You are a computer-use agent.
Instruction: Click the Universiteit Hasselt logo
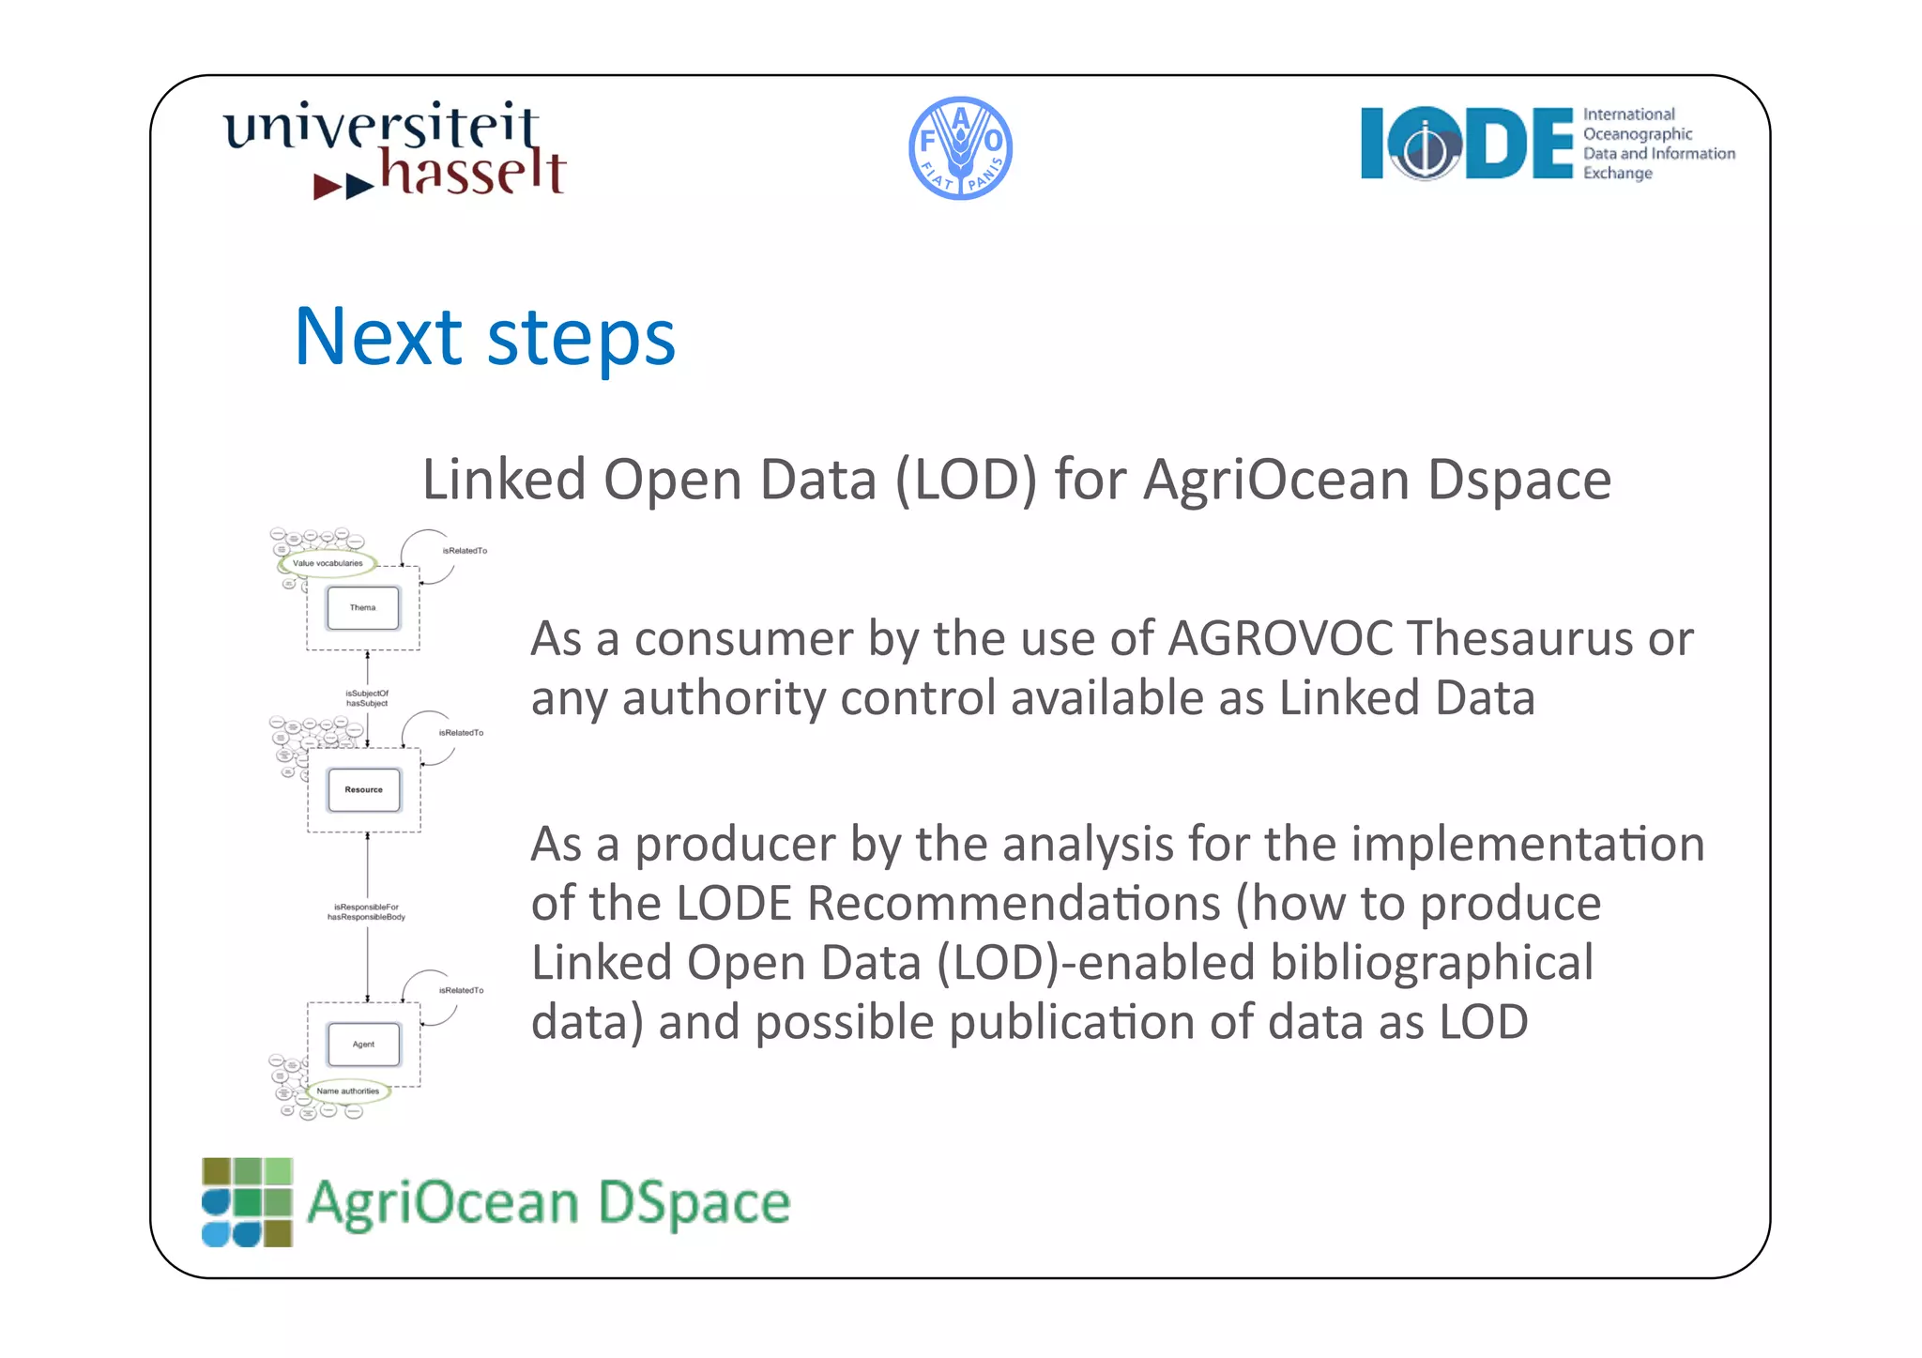click(x=394, y=150)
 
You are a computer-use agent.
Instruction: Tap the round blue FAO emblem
click(x=960, y=148)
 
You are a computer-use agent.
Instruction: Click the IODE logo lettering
click(x=1467, y=143)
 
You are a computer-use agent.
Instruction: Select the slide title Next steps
click(x=484, y=337)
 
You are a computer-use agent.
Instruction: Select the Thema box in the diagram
click(x=363, y=608)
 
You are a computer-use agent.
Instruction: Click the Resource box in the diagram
click(x=364, y=789)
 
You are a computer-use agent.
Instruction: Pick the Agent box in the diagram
click(x=363, y=1045)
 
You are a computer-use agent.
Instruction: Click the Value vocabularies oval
click(x=328, y=563)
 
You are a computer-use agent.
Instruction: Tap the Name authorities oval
click(x=348, y=1091)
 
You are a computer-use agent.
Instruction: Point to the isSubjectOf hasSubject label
click(x=367, y=698)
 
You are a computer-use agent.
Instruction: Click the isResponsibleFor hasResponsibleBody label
click(x=367, y=912)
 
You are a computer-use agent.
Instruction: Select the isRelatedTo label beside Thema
click(x=465, y=551)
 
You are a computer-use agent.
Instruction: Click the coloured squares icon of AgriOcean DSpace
click(x=248, y=1202)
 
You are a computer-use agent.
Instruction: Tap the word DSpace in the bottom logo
click(x=694, y=1203)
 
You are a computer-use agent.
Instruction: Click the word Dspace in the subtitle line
click(x=1518, y=481)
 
